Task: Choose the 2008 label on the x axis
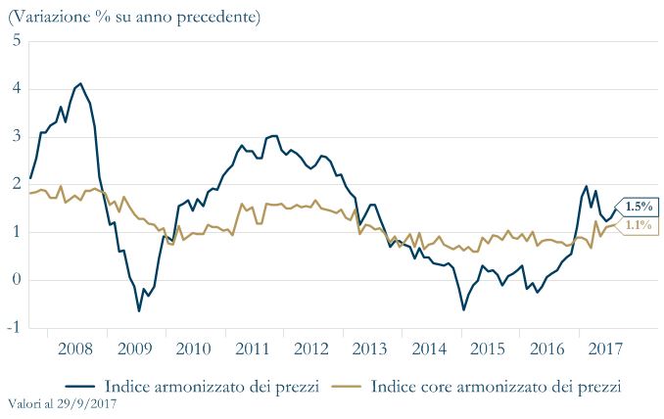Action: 76,349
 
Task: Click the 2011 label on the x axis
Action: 253,349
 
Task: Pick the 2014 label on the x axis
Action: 429,349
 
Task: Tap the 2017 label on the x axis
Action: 606,349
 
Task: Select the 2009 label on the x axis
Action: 135,349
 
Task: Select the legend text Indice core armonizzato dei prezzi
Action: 497,386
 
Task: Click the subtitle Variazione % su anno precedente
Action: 134,17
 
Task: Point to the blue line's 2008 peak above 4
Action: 80,84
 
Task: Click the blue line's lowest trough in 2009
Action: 139,310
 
